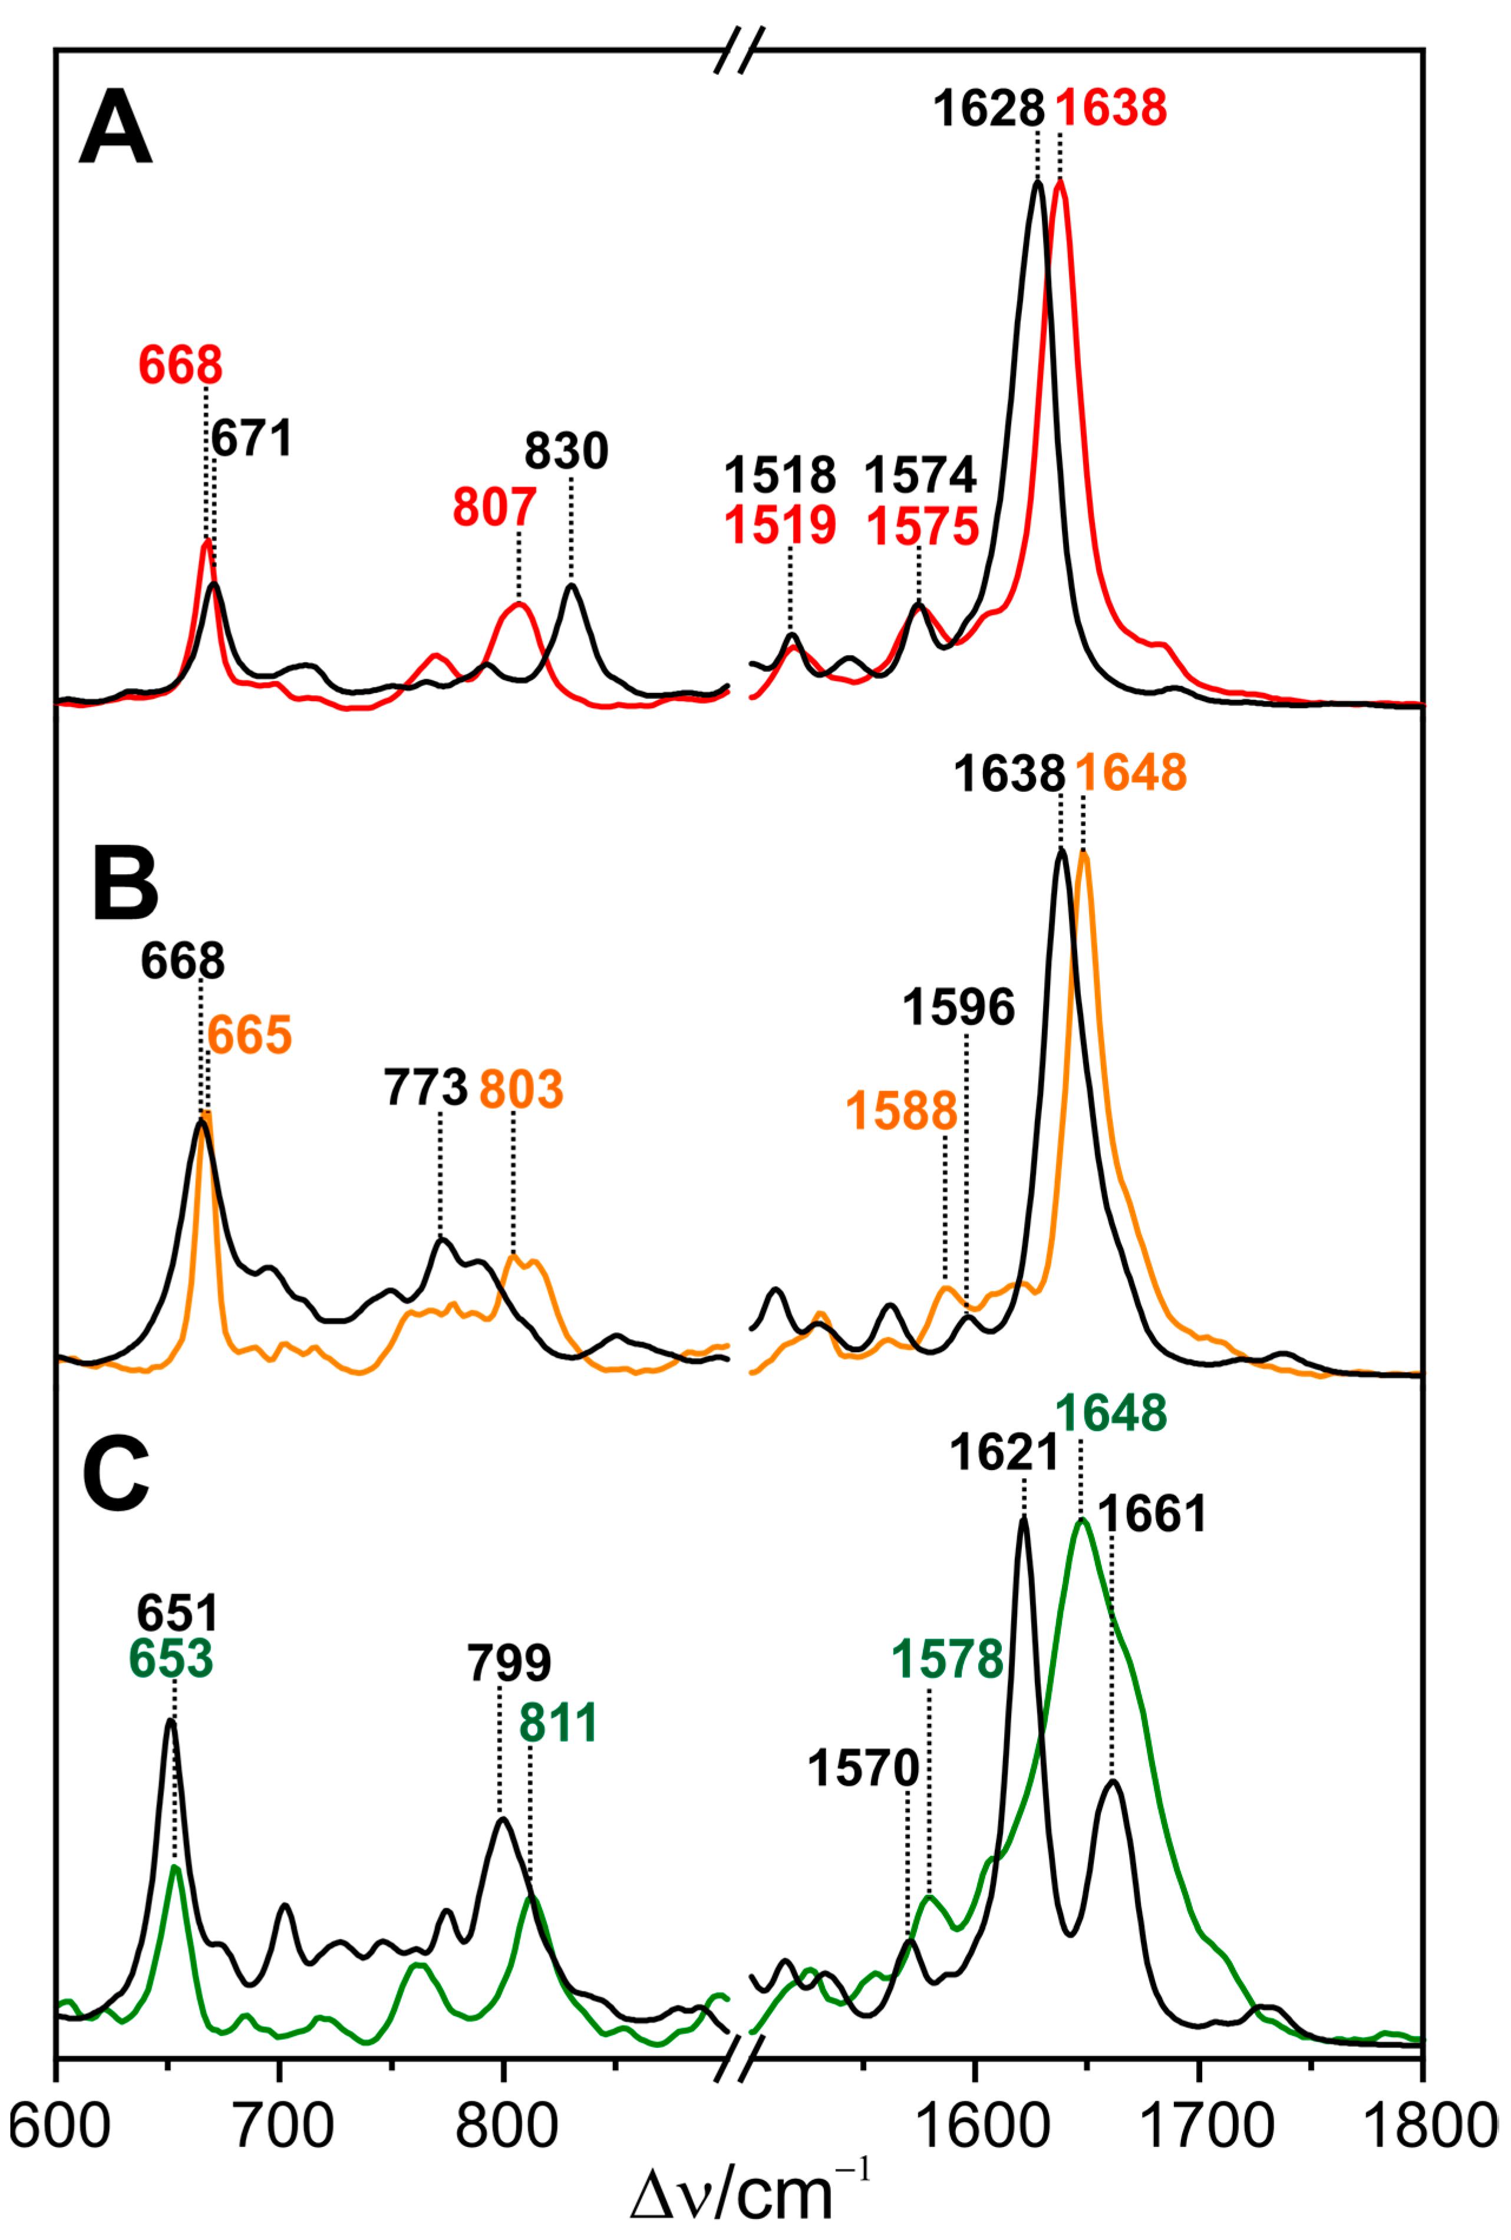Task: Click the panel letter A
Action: click(116, 128)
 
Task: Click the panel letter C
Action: click(116, 1473)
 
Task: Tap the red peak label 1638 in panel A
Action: click(1111, 108)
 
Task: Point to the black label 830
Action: click(567, 451)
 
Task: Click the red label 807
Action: click(494, 508)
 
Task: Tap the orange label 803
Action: click(522, 1089)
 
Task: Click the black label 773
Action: click(426, 1088)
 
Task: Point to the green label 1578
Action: click(947, 1659)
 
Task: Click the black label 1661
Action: click(1153, 1515)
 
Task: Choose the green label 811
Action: click(559, 1722)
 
